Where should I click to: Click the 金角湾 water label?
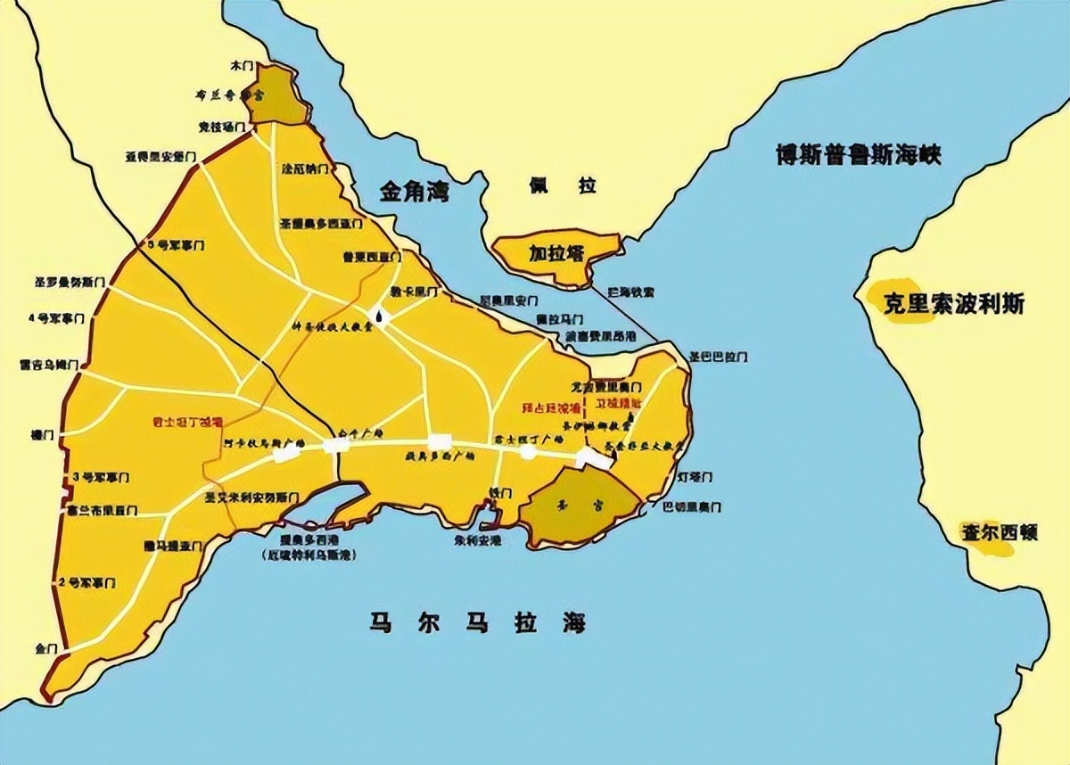coord(415,191)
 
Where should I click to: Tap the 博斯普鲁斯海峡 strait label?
coord(858,153)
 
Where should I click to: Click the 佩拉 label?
coord(561,186)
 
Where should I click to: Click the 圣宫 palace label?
coord(581,505)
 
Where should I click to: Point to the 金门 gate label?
coord(45,646)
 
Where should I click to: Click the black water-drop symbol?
coord(381,317)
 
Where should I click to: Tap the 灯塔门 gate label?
coord(695,477)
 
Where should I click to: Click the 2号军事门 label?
coord(86,582)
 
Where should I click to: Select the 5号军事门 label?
coord(176,243)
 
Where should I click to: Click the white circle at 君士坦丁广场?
coord(528,452)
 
